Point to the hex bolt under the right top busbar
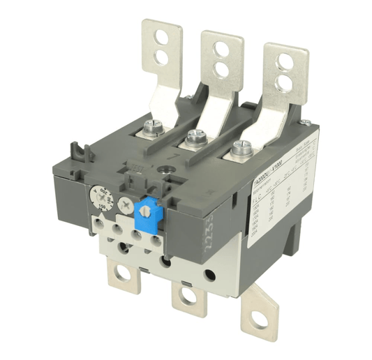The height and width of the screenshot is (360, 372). click(x=241, y=148)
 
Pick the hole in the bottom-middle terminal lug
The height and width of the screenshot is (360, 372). click(x=188, y=295)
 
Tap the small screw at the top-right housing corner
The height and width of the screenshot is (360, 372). click(x=305, y=123)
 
